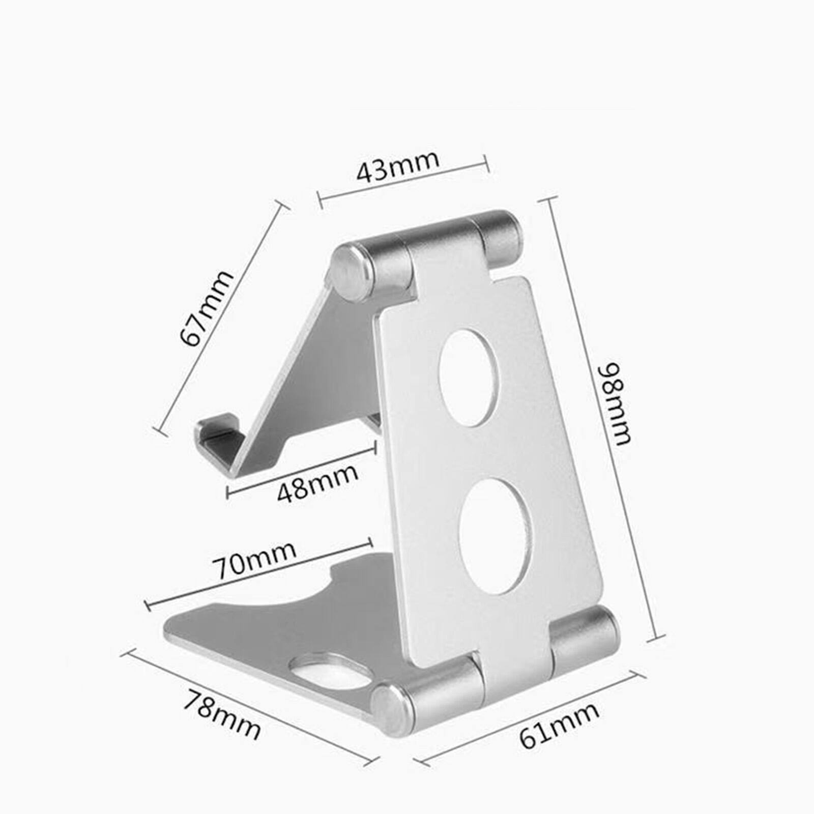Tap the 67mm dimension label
tap(207, 308)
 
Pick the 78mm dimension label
tap(222, 714)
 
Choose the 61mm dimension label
tap(559, 725)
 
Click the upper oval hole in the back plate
tap(469, 378)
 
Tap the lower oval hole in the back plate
tap(495, 535)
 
